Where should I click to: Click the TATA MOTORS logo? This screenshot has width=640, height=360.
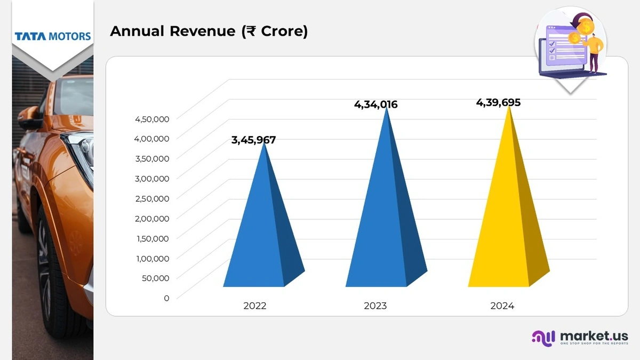(x=53, y=36)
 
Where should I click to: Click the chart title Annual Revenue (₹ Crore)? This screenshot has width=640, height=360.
(x=209, y=31)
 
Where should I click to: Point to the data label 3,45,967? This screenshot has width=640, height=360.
(x=253, y=140)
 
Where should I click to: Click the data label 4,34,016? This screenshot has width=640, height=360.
(x=375, y=105)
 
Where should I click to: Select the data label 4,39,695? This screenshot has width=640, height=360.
(x=498, y=102)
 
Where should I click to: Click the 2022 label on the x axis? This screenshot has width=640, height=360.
(x=254, y=306)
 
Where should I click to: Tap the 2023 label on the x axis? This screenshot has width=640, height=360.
(x=375, y=306)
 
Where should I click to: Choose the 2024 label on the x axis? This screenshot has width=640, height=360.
(x=502, y=306)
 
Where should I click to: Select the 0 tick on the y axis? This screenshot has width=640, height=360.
(x=166, y=298)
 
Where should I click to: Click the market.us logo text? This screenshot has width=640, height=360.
(x=594, y=336)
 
